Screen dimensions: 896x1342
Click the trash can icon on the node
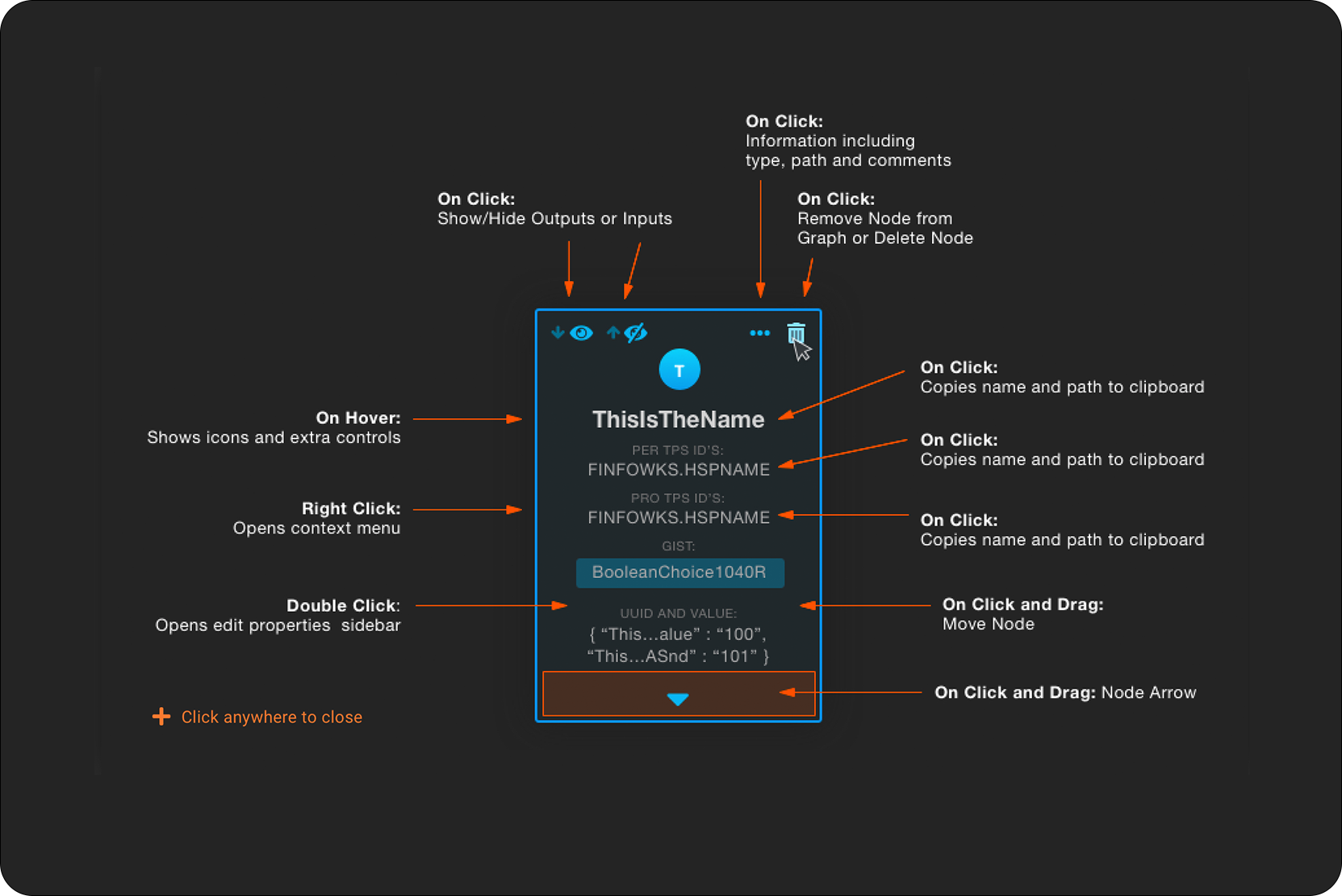click(x=795, y=333)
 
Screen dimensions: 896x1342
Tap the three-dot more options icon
click(x=759, y=333)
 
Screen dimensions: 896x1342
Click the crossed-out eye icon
click(x=636, y=333)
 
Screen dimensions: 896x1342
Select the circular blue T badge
click(x=679, y=370)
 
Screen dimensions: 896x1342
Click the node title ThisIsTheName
click(x=678, y=420)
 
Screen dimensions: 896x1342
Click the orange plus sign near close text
click(x=161, y=717)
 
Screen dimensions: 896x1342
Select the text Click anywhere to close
click(x=271, y=717)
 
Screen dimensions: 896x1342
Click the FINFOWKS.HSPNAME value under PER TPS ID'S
click(x=678, y=470)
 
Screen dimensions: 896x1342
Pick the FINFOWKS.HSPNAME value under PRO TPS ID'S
click(x=678, y=517)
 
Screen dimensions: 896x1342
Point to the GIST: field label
click(x=678, y=546)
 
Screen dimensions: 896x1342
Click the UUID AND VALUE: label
click(x=678, y=613)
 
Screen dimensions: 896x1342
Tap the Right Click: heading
click(x=351, y=509)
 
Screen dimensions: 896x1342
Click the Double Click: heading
click(x=343, y=605)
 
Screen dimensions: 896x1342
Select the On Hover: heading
click(x=358, y=418)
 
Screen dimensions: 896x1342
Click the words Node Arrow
click(x=1148, y=693)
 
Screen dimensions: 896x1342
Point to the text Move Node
click(x=988, y=624)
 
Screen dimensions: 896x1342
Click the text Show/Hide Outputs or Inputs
click(x=554, y=219)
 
